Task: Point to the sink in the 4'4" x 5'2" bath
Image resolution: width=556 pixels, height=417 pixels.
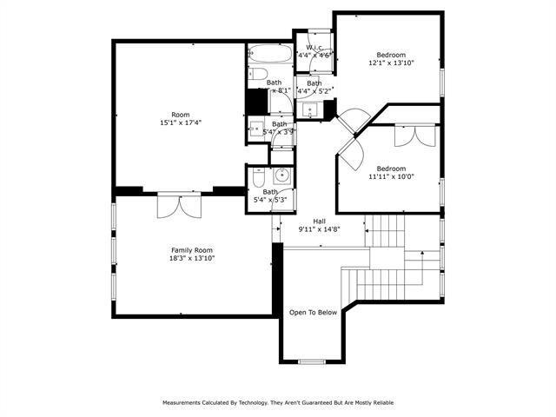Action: [x=311, y=110]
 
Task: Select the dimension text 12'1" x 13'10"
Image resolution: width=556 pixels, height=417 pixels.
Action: [x=392, y=63]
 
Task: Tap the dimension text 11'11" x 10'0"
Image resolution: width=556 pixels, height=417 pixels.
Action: [x=391, y=176]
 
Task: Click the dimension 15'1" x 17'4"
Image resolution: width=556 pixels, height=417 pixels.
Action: [x=180, y=123]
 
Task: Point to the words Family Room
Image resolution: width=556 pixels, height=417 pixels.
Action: [x=191, y=249]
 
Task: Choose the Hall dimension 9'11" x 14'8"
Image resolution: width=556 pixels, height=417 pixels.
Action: [x=319, y=229]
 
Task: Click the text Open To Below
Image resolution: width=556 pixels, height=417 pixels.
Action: [x=313, y=312]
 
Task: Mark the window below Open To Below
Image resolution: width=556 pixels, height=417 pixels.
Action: [x=311, y=361]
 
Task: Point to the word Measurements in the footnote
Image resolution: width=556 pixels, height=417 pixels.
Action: [x=186, y=402]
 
